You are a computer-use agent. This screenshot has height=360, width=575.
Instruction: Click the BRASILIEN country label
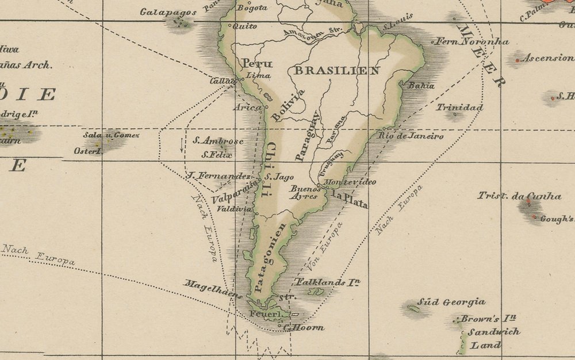pyautogui.click(x=336, y=71)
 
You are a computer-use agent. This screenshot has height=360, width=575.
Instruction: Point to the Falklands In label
pyautogui.click(x=327, y=282)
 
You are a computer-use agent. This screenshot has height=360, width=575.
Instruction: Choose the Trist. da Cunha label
pyautogui.click(x=519, y=196)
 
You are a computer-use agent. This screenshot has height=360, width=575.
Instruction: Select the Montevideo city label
pyautogui.click(x=350, y=182)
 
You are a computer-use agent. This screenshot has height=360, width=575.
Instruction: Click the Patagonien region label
pyautogui.click(x=269, y=258)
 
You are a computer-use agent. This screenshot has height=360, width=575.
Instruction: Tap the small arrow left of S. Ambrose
pyautogui.click(x=182, y=144)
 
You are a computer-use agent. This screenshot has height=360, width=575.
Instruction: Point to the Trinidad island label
pyautogui.click(x=459, y=108)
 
